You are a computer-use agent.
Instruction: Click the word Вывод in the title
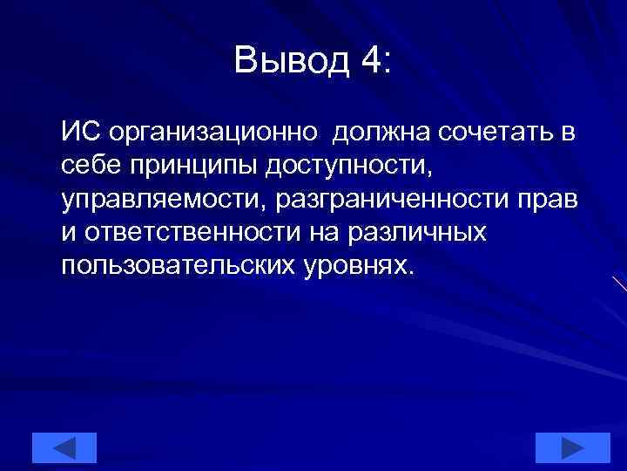coord(290,60)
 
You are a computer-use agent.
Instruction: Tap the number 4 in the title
coord(368,60)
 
